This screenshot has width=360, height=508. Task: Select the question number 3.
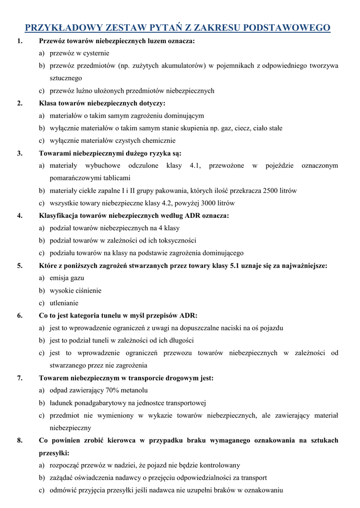[19, 153]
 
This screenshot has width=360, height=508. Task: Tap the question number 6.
[19, 316]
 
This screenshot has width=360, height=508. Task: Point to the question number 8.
[19, 441]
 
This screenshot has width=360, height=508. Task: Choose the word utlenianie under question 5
[64, 303]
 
